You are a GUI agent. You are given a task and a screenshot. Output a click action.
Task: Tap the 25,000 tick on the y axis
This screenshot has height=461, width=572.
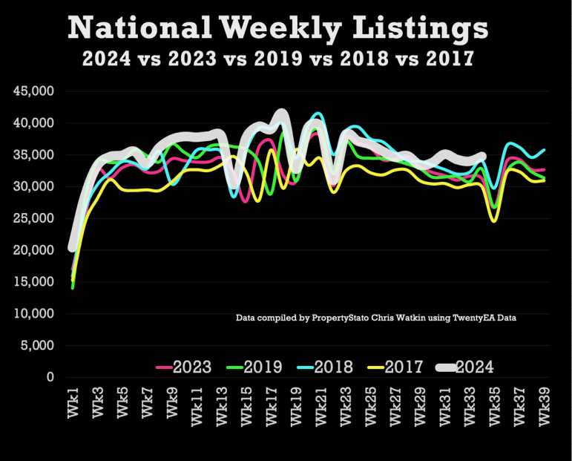coord(34,218)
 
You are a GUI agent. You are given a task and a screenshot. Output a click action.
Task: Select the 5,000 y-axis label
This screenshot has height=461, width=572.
coord(38,346)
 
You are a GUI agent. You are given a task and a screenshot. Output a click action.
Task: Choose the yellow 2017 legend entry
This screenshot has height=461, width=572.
coord(398,366)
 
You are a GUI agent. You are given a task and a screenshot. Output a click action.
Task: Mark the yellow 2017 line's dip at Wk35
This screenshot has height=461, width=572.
coord(493,220)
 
